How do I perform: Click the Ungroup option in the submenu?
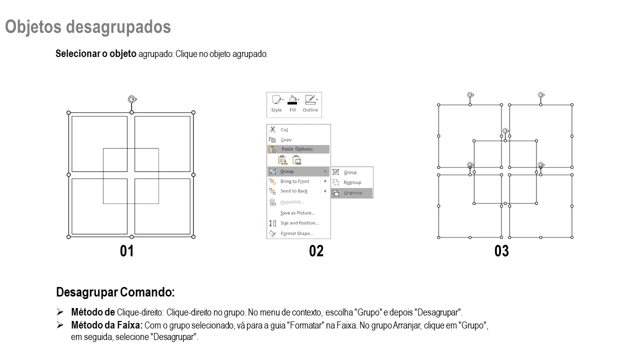[352, 193]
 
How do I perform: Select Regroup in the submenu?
[352, 182]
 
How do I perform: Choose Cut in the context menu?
[284, 129]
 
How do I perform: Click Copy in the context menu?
[286, 139]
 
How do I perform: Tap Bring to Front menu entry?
[294, 181]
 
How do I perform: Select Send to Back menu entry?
[294, 191]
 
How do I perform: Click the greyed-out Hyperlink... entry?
[292, 202]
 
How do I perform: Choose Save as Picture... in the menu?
[297, 213]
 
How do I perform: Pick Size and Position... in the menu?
[299, 223]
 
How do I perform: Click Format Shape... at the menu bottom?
[297, 233]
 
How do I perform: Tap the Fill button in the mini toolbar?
[292, 103]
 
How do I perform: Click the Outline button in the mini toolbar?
[310, 103]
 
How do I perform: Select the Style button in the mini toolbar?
[276, 103]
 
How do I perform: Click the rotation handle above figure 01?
[131, 99]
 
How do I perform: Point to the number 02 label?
[316, 251]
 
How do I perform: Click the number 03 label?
[501, 251]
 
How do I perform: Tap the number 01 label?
[126, 251]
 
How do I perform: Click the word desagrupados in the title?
[118, 27]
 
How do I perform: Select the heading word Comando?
[147, 292]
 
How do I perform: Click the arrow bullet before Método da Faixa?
[60, 325]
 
